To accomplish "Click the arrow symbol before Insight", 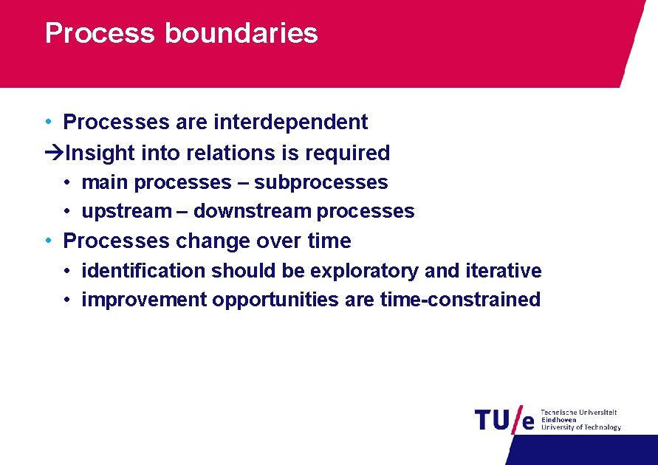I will pyautogui.click(x=54, y=153).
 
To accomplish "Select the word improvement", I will pyautogui.click(x=144, y=300).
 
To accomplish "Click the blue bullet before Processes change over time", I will pyautogui.click(x=47, y=241).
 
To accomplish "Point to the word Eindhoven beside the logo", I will pyautogui.click(x=558, y=420).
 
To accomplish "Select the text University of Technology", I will pyautogui.click(x=580, y=427).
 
